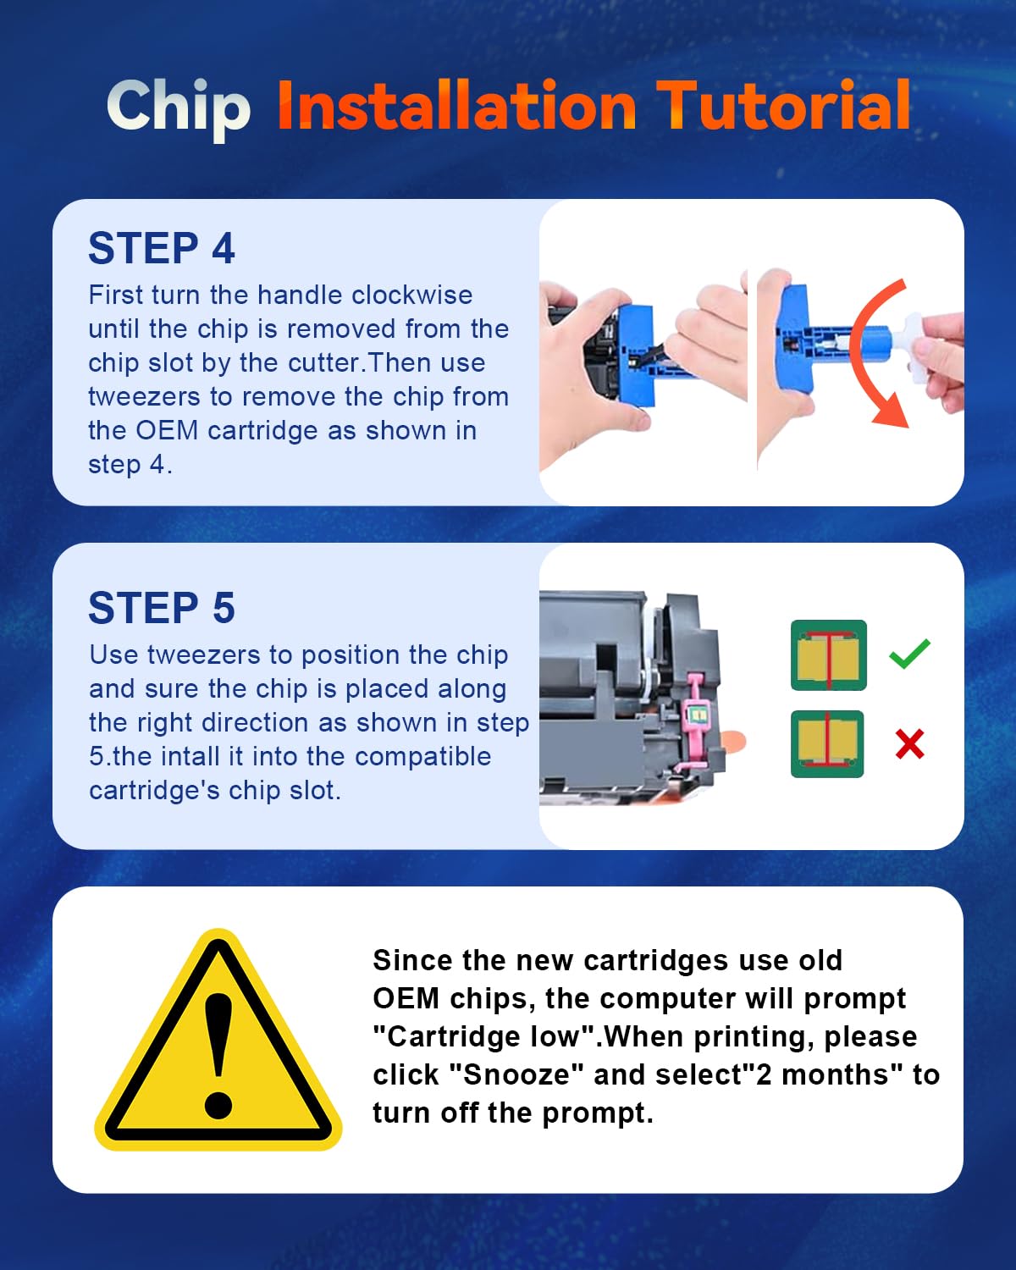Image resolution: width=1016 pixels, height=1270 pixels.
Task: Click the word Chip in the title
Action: (x=179, y=108)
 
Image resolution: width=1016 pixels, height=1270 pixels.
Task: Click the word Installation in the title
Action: (x=456, y=106)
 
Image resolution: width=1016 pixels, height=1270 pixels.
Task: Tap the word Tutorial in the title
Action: (x=784, y=106)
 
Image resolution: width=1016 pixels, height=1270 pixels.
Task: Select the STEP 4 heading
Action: (x=162, y=249)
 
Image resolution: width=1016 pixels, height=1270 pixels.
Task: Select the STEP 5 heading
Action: (x=162, y=609)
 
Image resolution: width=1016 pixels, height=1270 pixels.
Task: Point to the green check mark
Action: (x=909, y=654)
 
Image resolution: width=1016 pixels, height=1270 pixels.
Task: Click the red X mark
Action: (x=909, y=744)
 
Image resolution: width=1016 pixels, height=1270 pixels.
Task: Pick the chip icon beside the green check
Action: (x=828, y=655)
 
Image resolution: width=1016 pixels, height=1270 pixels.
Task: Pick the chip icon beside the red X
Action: (x=827, y=744)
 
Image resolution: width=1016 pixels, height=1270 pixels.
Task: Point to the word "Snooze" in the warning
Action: (x=516, y=1074)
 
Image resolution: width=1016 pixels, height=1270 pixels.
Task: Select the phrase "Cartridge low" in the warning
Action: (x=487, y=1036)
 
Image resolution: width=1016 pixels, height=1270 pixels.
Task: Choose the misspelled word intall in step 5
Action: (x=196, y=756)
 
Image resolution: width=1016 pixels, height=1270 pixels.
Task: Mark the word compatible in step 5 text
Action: (x=422, y=756)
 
